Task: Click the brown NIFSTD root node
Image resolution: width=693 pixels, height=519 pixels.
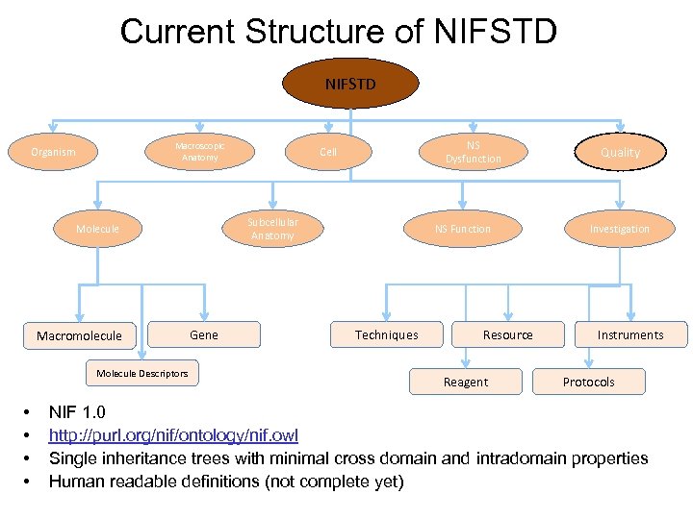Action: pos(350,84)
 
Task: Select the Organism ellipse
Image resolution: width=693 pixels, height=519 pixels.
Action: pos(53,152)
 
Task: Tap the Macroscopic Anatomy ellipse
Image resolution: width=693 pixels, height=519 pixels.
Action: pos(200,152)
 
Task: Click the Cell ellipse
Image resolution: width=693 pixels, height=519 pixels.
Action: pos(329,152)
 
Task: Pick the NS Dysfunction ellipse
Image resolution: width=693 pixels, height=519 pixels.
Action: pos(473,152)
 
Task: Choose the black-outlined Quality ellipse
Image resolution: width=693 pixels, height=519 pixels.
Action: pos(620,152)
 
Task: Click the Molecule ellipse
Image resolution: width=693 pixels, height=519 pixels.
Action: pos(98,229)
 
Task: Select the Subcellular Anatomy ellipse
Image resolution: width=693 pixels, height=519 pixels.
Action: pos(272,229)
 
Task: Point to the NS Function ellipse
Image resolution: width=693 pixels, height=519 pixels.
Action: pos(463,229)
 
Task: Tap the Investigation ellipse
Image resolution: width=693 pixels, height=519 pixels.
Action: pos(620,229)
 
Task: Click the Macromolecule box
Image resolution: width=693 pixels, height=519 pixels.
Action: pos(79,335)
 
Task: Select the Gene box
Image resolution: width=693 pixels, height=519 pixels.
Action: pos(204,334)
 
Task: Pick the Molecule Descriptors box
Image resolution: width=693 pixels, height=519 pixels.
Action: pos(142,373)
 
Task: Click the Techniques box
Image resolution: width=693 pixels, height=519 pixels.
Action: pos(387,334)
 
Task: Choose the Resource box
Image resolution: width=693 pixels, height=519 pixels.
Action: pos(507,334)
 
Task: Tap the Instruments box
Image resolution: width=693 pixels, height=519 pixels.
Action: pos(630,334)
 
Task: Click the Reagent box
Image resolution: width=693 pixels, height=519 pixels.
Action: pos(466,382)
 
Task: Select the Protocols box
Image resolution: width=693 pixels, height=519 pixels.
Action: pos(588,382)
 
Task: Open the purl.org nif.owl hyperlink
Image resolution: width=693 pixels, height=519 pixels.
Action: pos(173,436)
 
